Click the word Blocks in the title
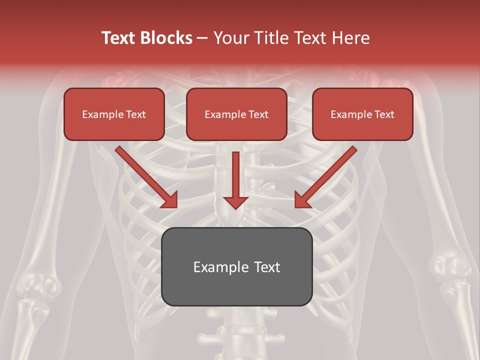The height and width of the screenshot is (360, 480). coord(167,38)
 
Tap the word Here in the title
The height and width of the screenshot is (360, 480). coord(350,38)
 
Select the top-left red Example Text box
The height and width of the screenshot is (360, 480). coord(114,114)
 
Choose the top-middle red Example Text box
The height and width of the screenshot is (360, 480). coord(236,114)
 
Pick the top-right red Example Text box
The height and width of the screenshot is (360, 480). coord(362,114)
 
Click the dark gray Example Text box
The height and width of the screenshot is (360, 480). coord(236,267)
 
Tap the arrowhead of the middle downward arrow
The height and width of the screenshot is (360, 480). coord(235,202)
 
